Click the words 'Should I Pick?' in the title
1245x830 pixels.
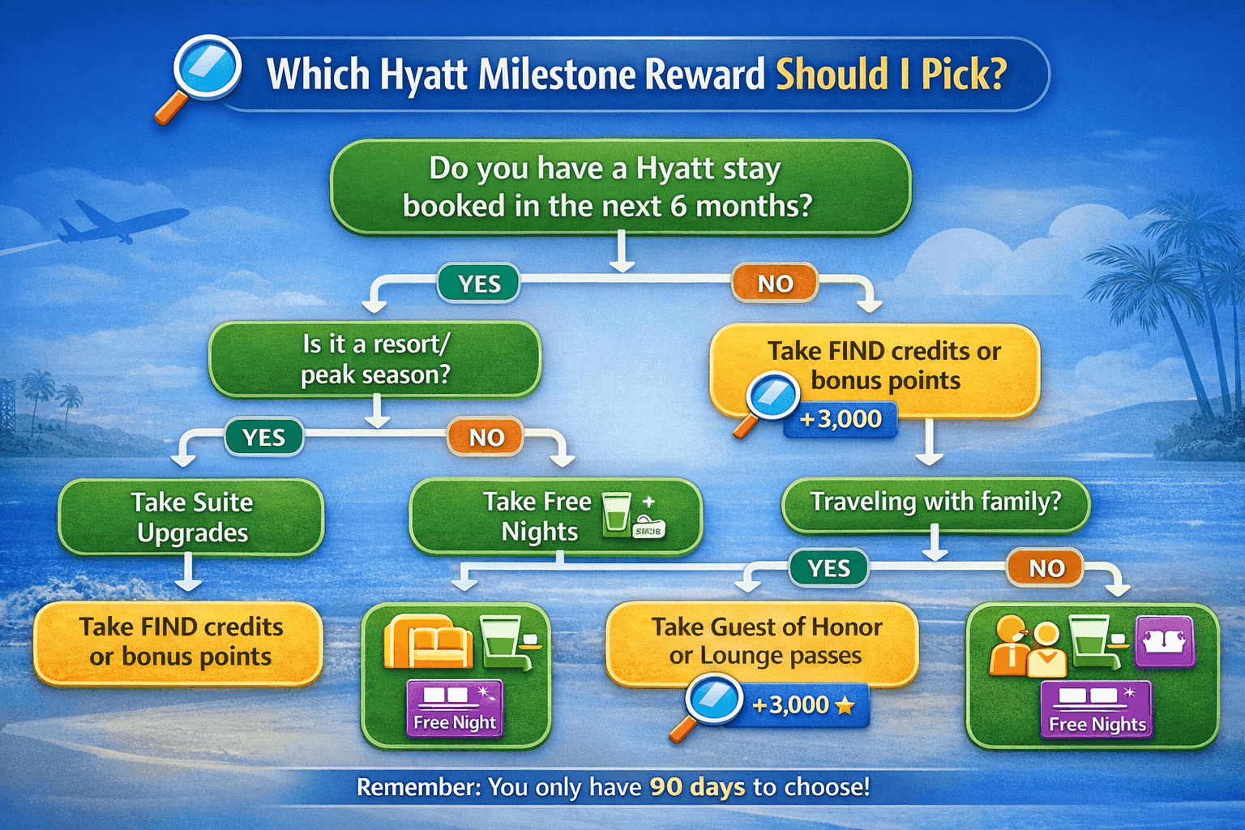891,75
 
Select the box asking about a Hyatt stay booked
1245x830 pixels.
620,187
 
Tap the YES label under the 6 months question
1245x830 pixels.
479,285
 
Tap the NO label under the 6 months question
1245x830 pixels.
775,284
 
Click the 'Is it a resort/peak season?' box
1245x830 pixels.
374,359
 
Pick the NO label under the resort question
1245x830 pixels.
486,438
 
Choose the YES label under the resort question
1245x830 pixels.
264,438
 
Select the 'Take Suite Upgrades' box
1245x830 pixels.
191,517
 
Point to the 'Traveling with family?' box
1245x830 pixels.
935,503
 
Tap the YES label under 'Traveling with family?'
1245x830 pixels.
828,568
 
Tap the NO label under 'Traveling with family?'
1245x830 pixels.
1046,568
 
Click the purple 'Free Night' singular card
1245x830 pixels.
455,708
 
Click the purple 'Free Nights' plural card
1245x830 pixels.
1097,710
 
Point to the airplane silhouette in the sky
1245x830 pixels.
122,222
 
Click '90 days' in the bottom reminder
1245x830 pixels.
697,787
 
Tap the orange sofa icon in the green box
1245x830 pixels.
428,640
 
